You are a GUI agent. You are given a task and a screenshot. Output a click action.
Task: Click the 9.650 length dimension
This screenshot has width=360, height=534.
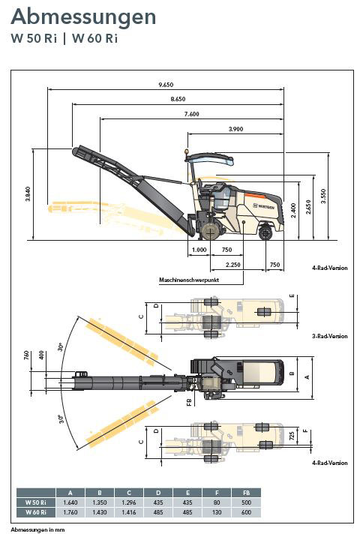click(166, 85)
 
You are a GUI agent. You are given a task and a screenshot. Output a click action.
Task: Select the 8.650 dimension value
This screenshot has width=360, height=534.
click(178, 99)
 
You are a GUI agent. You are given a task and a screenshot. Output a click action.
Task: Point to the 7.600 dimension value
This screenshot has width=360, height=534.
click(191, 114)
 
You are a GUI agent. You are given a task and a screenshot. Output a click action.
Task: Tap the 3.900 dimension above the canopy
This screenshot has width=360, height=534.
click(235, 129)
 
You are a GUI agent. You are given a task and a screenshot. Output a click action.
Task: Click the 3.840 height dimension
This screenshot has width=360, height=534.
click(28, 193)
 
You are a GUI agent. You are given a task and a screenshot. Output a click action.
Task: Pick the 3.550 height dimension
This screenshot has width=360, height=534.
click(323, 196)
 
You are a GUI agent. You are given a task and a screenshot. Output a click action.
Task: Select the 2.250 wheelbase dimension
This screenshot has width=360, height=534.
click(233, 265)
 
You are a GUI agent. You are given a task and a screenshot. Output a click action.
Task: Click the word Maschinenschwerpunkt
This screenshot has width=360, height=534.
click(189, 280)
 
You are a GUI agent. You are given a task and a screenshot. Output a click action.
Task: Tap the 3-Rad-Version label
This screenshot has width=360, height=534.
click(330, 336)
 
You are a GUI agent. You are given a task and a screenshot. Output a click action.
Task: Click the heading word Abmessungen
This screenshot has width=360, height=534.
click(83, 16)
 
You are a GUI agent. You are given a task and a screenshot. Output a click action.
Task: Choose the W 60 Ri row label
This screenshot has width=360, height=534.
click(36, 512)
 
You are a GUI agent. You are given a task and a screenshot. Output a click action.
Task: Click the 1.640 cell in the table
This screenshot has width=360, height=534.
click(70, 502)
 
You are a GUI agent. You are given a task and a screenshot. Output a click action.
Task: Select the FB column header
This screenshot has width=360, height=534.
click(246, 493)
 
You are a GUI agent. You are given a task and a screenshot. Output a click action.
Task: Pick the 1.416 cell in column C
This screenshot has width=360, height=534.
click(129, 512)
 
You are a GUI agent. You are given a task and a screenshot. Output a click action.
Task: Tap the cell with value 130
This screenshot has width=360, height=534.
click(217, 512)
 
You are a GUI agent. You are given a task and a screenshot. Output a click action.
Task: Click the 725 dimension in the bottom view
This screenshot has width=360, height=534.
click(292, 436)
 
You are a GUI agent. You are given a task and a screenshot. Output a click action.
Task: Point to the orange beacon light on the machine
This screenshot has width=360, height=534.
click(187, 151)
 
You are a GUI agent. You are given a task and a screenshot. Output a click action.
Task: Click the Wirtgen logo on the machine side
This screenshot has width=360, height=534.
click(263, 206)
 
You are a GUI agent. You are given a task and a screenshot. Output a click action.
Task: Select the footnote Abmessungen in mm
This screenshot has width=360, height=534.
click(37, 529)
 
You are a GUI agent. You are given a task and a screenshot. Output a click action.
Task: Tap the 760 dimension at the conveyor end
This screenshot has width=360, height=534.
click(26, 355)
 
